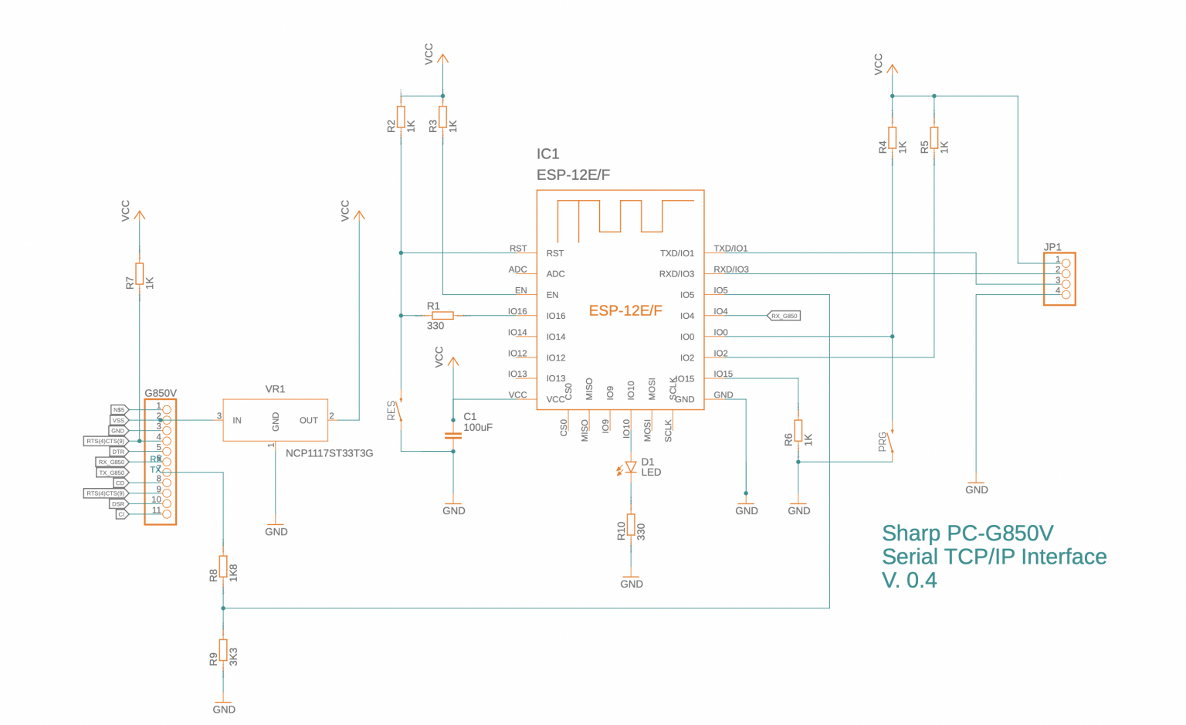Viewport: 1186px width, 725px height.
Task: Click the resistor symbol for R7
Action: [139, 273]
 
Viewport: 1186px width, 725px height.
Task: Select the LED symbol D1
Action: [630, 467]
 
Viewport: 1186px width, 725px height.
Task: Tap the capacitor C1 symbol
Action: [453, 435]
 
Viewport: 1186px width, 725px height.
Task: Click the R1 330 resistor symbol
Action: [442, 315]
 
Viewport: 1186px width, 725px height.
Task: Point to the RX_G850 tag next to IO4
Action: [784, 316]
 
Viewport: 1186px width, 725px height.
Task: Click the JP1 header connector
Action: [1059, 279]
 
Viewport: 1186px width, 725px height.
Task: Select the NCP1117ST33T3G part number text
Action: [329, 453]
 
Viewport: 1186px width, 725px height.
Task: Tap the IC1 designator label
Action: [547, 154]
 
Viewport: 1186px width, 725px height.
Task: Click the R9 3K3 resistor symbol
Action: [223, 650]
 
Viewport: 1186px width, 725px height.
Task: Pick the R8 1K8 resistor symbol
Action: [223, 566]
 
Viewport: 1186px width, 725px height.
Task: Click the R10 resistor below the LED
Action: [631, 525]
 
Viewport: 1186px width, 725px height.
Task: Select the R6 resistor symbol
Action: [798, 431]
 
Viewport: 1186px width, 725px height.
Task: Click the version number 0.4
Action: [923, 581]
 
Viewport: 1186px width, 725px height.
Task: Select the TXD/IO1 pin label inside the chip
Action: [676, 253]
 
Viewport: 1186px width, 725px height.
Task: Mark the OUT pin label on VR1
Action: [309, 421]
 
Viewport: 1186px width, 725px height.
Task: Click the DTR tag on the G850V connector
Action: [117, 452]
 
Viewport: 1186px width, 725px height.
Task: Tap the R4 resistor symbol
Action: [892, 137]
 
